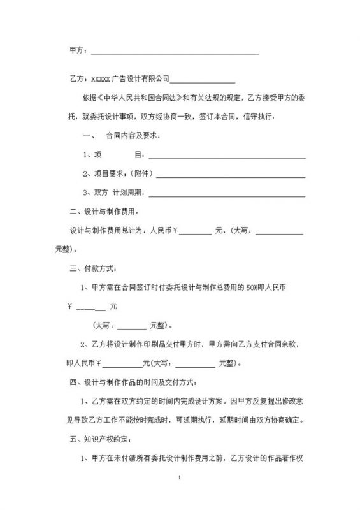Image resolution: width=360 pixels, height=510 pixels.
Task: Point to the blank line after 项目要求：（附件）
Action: click(x=231, y=174)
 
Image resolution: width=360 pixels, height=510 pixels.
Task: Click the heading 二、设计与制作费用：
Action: click(x=104, y=212)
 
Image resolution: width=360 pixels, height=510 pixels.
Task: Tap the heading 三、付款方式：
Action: click(x=94, y=268)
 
